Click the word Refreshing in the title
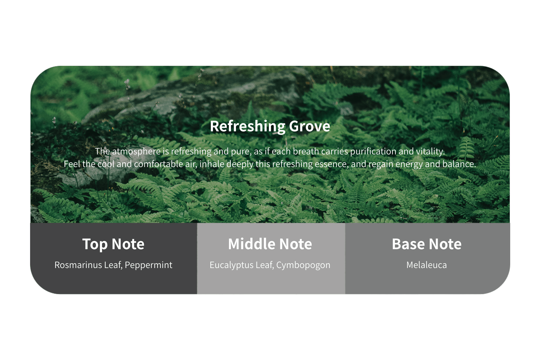(x=248, y=126)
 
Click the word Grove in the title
(x=310, y=126)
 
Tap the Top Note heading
(x=113, y=244)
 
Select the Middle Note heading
(x=270, y=244)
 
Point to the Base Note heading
(x=427, y=244)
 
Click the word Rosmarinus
(x=78, y=265)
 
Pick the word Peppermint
(x=148, y=265)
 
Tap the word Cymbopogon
(x=303, y=265)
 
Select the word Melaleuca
(x=427, y=265)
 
